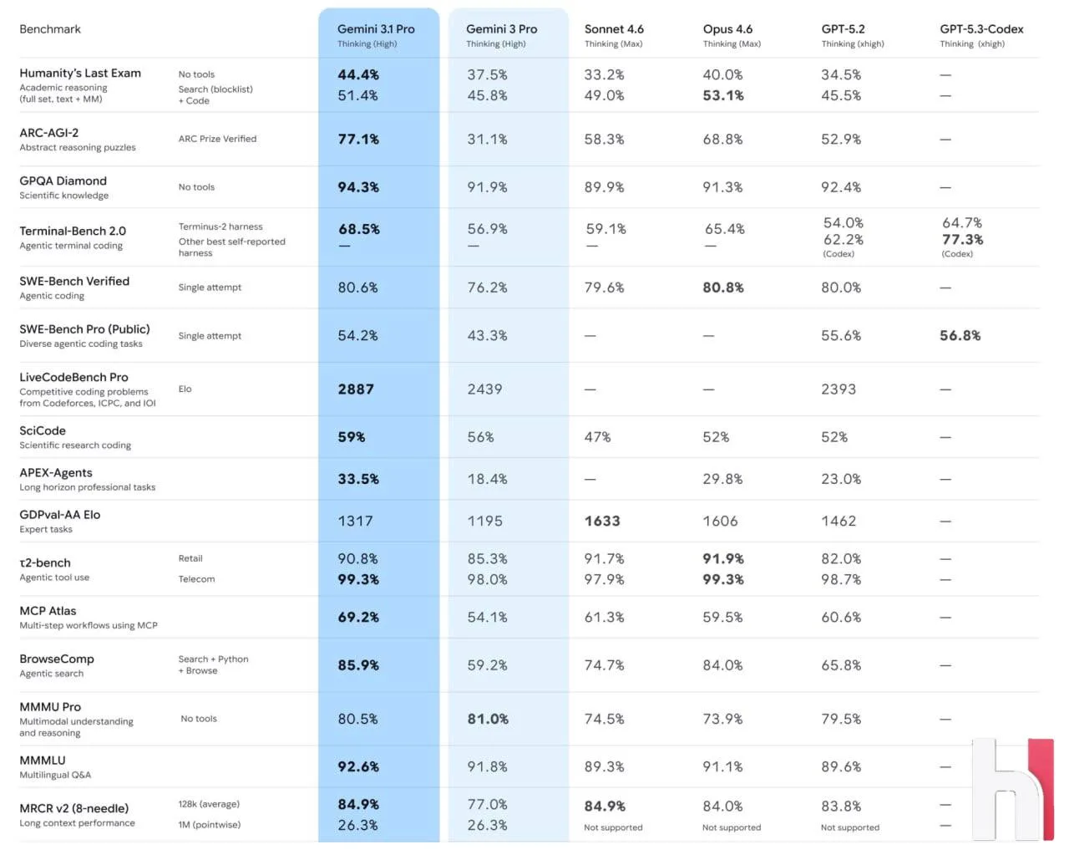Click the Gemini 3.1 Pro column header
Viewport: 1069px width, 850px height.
tap(376, 29)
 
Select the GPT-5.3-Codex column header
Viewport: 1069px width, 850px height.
tap(981, 29)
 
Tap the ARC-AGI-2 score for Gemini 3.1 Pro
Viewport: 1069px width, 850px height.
tap(358, 140)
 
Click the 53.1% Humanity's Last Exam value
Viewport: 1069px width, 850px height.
tap(723, 95)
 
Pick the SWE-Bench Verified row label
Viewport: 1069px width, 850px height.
tap(74, 282)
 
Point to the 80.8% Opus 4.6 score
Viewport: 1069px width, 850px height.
tap(723, 288)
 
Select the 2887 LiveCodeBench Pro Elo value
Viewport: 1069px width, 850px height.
tap(356, 389)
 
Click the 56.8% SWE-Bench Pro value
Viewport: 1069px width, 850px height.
tap(960, 336)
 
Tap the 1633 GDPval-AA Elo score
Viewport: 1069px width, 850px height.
tap(602, 522)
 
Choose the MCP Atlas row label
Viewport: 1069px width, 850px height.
tap(48, 611)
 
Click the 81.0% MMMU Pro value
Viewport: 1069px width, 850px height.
tap(488, 719)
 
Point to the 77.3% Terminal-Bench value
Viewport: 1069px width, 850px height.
tap(962, 240)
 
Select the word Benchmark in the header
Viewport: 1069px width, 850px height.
tap(50, 29)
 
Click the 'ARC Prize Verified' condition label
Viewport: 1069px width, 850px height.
tap(217, 139)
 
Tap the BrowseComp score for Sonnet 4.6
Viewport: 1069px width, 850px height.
tap(605, 666)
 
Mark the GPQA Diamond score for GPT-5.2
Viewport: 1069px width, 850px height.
tap(841, 187)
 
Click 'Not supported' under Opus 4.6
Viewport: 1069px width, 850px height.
tap(732, 827)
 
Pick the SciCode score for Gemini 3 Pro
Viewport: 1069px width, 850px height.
tap(481, 437)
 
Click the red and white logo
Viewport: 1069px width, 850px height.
tap(1013, 789)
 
